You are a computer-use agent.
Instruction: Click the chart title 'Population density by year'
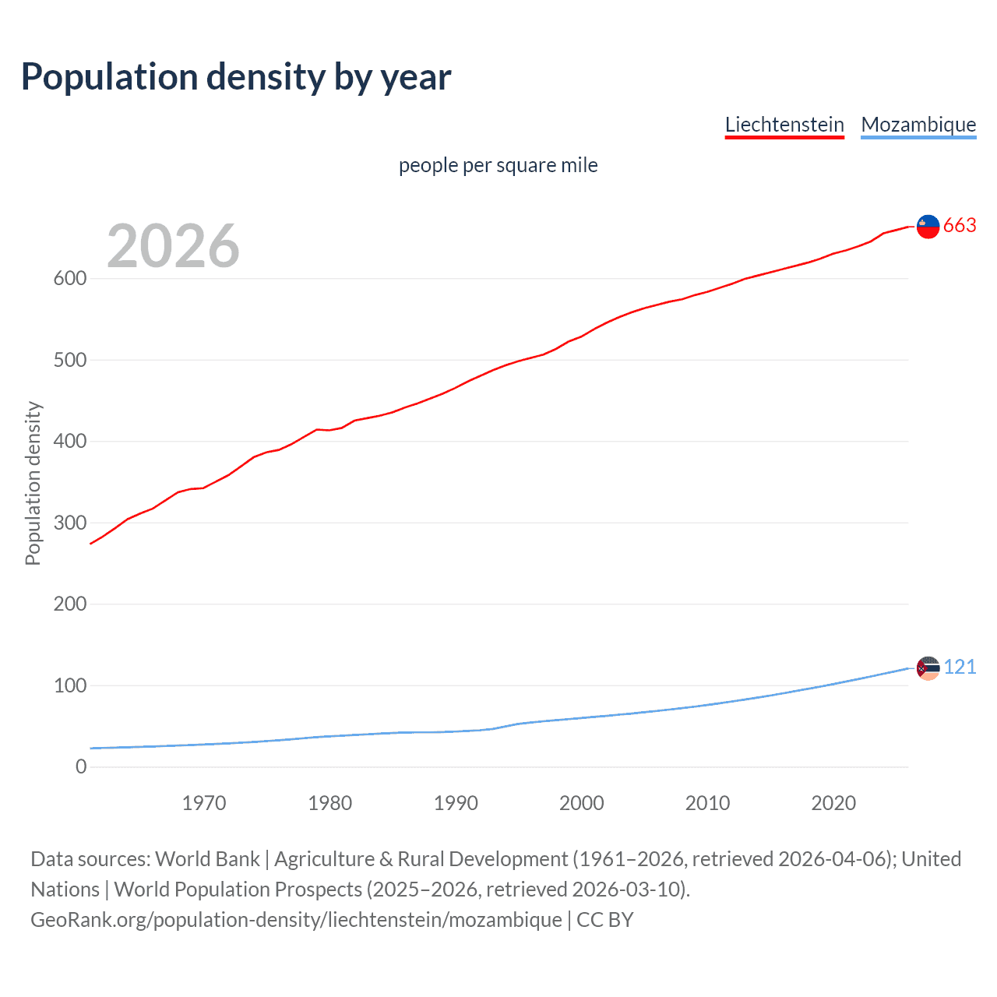click(236, 77)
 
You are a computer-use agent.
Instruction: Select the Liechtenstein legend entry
click(784, 125)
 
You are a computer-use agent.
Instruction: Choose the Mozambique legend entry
click(918, 125)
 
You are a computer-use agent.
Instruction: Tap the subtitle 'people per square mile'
click(498, 165)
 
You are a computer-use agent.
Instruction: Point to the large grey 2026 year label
click(173, 246)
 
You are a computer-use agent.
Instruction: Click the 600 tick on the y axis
click(69, 279)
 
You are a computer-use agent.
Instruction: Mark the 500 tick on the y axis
click(69, 360)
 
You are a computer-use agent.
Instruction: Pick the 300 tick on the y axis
click(69, 523)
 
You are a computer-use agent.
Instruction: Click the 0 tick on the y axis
click(81, 766)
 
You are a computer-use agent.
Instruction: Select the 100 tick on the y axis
click(69, 685)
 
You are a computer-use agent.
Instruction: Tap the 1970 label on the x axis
click(204, 803)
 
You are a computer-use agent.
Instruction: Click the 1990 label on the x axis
click(456, 803)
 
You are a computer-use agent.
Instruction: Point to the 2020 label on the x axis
click(833, 803)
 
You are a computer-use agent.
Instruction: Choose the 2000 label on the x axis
click(582, 803)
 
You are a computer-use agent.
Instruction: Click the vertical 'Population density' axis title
click(33, 483)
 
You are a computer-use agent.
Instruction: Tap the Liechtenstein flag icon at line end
click(928, 226)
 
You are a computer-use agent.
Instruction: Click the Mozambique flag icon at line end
click(928, 668)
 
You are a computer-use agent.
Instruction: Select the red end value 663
click(960, 226)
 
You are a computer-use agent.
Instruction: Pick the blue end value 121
click(960, 668)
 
